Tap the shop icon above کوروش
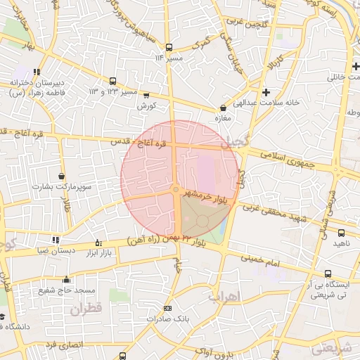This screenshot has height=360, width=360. point(146,95)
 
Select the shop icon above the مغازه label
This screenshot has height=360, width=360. point(224,108)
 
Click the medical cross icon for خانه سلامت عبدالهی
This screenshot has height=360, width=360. point(266,92)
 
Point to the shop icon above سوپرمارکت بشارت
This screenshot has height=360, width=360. point(62,176)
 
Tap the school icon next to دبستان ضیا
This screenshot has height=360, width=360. point(56,240)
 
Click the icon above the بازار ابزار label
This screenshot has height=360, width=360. point(98,243)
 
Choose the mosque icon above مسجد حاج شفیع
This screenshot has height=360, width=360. point(67,279)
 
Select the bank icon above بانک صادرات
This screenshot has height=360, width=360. point(167,308)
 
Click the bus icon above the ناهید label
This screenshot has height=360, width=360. point(341,233)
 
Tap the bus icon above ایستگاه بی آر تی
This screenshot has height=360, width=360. point(327,274)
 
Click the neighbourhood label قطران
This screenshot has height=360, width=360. point(86,309)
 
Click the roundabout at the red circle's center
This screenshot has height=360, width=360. point(175,190)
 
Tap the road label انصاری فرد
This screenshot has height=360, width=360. point(63,345)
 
